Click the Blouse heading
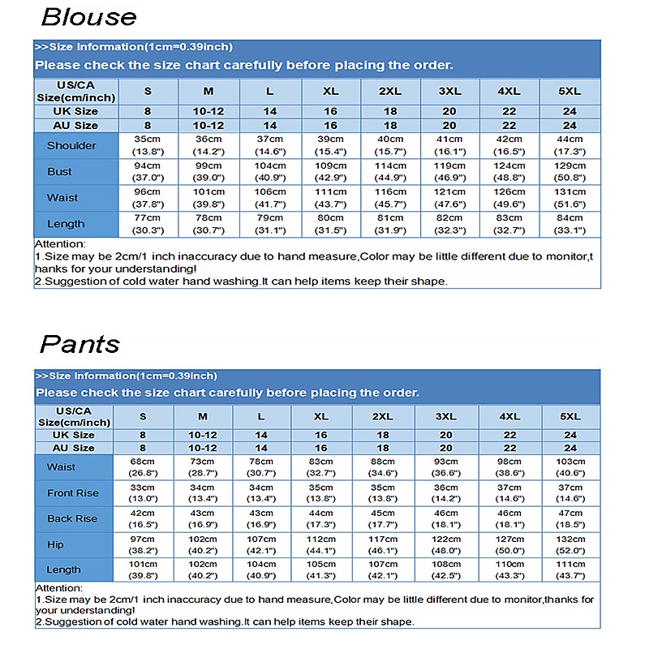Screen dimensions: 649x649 [x=88, y=17]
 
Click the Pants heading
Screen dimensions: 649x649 [x=80, y=344]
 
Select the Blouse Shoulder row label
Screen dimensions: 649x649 [x=71, y=146]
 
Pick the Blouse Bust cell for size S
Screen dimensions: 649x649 [x=148, y=171]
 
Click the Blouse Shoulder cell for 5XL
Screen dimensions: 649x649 [x=569, y=145]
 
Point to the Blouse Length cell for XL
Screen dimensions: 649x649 [x=330, y=224]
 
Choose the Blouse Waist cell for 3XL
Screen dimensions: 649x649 [x=449, y=198]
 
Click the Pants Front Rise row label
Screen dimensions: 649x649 [x=72, y=492]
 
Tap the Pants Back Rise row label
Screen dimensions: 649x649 [x=72, y=518]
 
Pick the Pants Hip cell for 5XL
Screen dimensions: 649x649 [x=570, y=544]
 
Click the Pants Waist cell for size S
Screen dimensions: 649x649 [x=143, y=466]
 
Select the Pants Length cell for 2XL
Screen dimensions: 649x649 [x=383, y=569]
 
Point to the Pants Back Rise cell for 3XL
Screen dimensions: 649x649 [x=445, y=518]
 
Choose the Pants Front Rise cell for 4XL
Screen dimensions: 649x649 [x=509, y=492]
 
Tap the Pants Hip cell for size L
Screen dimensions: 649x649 [x=260, y=544]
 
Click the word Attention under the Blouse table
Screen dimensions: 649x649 [x=59, y=244]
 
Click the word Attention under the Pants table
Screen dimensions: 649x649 [x=59, y=587]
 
